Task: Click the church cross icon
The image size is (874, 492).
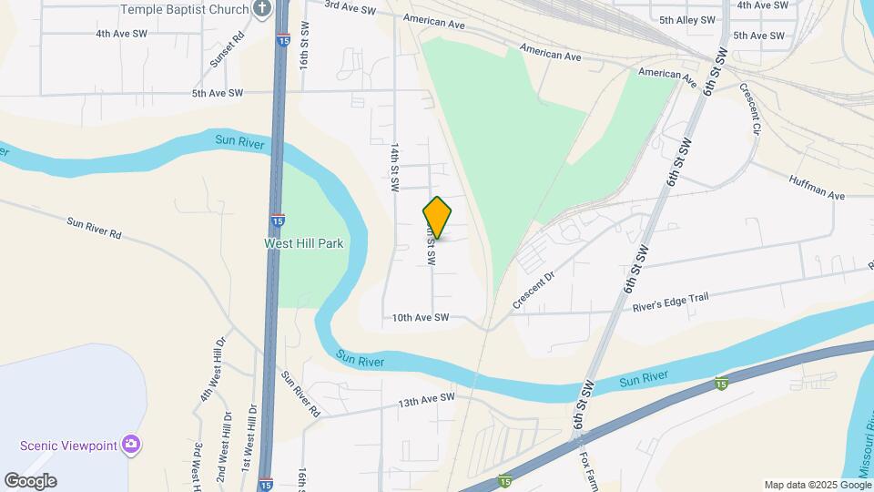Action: tap(263, 10)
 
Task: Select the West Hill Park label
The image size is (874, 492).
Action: tap(303, 243)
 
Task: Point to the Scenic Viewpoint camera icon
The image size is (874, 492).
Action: tap(132, 445)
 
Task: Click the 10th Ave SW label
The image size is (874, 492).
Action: tap(421, 318)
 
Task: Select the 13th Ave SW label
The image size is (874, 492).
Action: tap(425, 398)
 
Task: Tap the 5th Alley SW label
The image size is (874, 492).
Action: tap(686, 20)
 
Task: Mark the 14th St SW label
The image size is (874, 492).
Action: tap(394, 166)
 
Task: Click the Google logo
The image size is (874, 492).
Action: tap(30, 480)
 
